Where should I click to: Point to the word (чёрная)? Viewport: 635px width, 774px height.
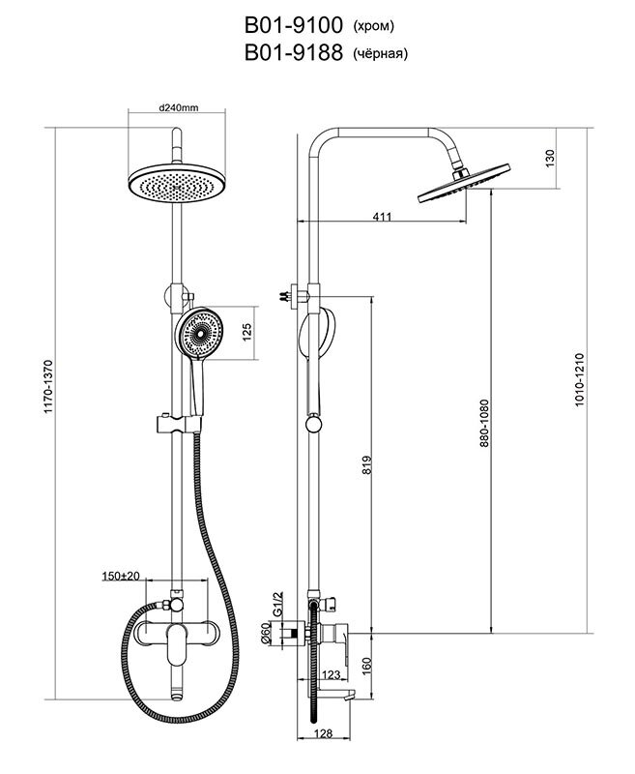coord(381,54)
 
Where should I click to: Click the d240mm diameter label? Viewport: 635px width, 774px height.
coord(178,108)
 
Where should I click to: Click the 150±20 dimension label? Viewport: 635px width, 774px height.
coord(120,576)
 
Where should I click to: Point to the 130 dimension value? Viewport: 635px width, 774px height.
coord(550,157)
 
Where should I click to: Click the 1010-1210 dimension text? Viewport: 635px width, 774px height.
coord(579,377)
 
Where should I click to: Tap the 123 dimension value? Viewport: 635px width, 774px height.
coord(331,674)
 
